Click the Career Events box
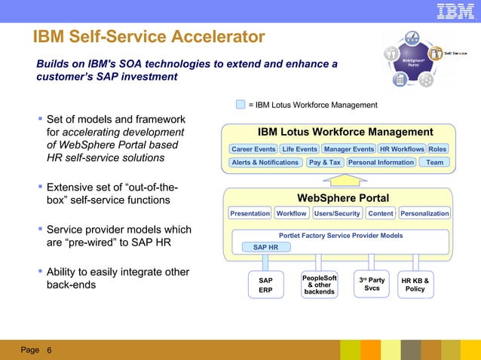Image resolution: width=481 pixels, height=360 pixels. tap(253, 149)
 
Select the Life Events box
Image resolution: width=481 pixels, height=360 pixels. tap(299, 149)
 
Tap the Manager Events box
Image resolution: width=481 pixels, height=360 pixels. tap(348, 149)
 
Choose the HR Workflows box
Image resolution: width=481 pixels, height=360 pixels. tap(401, 149)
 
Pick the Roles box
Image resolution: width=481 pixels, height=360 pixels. tap(437, 149)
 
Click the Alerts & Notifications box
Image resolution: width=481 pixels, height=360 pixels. tap(265, 162)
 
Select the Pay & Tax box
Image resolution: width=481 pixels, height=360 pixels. tap(325, 162)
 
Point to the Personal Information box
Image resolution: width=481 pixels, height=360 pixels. tap(381, 162)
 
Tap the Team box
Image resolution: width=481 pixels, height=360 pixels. tap(434, 162)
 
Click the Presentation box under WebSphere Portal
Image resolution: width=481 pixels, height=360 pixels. tap(250, 213)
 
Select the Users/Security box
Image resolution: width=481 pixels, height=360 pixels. tap(337, 213)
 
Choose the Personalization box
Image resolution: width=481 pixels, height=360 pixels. tap(424, 213)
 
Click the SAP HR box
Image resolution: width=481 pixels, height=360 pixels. tap(265, 247)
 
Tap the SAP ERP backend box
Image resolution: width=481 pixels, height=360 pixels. tap(265, 285)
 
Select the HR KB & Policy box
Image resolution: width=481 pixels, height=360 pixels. tap(415, 285)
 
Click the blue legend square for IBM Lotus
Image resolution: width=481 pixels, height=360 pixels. tap(240, 105)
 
